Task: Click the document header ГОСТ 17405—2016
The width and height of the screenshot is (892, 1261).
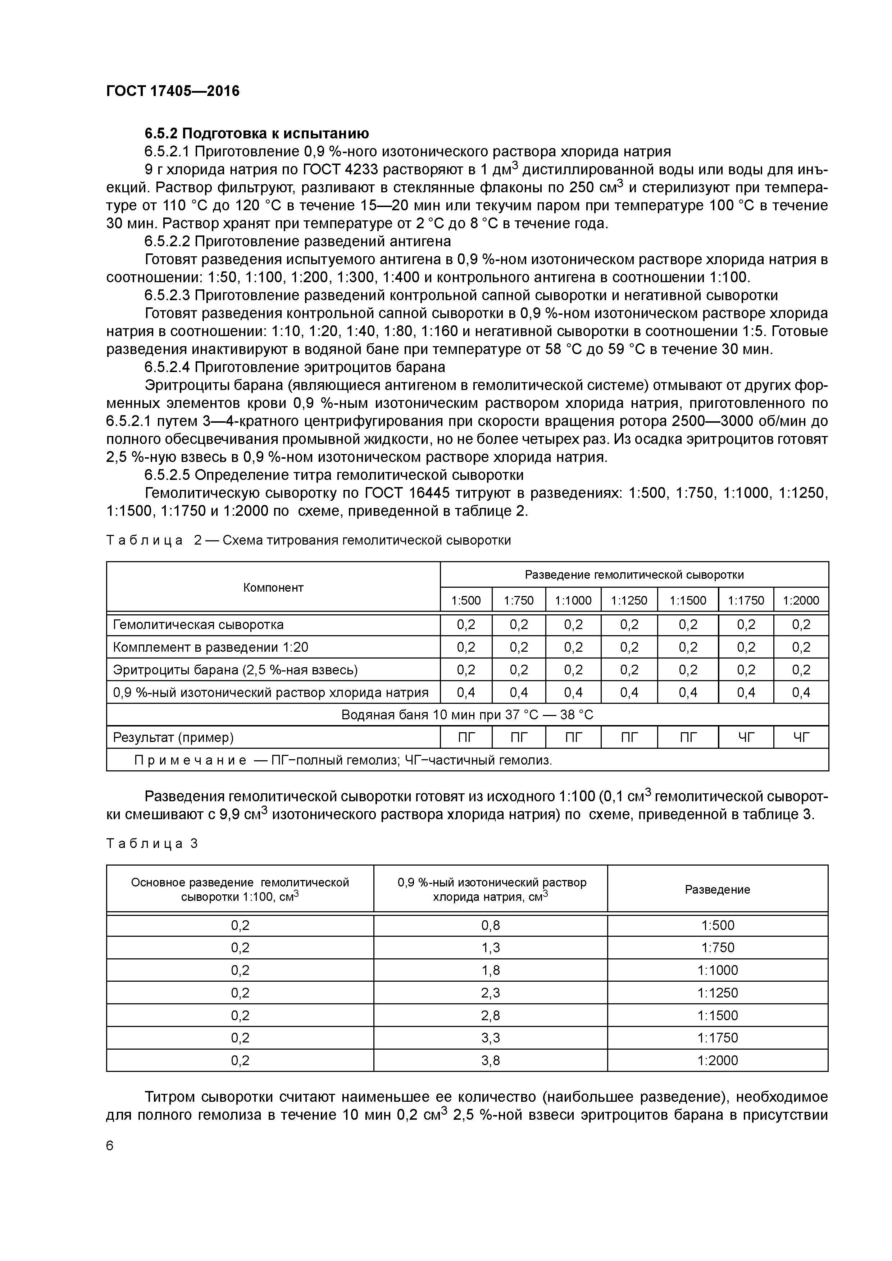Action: [173, 91]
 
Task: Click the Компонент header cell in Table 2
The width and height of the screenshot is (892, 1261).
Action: [273, 588]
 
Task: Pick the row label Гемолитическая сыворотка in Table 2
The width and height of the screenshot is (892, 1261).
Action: [199, 624]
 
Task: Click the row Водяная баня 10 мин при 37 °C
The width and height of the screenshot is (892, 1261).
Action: [467, 715]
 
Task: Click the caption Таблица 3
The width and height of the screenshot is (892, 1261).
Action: [152, 844]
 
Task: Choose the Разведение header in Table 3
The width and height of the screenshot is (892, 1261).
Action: [717, 889]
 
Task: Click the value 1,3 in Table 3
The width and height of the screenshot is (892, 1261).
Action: [490, 948]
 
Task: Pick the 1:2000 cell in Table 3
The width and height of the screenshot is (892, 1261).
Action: [717, 1060]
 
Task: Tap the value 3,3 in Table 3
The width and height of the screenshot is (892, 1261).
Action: [490, 1037]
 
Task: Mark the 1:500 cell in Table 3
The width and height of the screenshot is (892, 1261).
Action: [717, 925]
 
